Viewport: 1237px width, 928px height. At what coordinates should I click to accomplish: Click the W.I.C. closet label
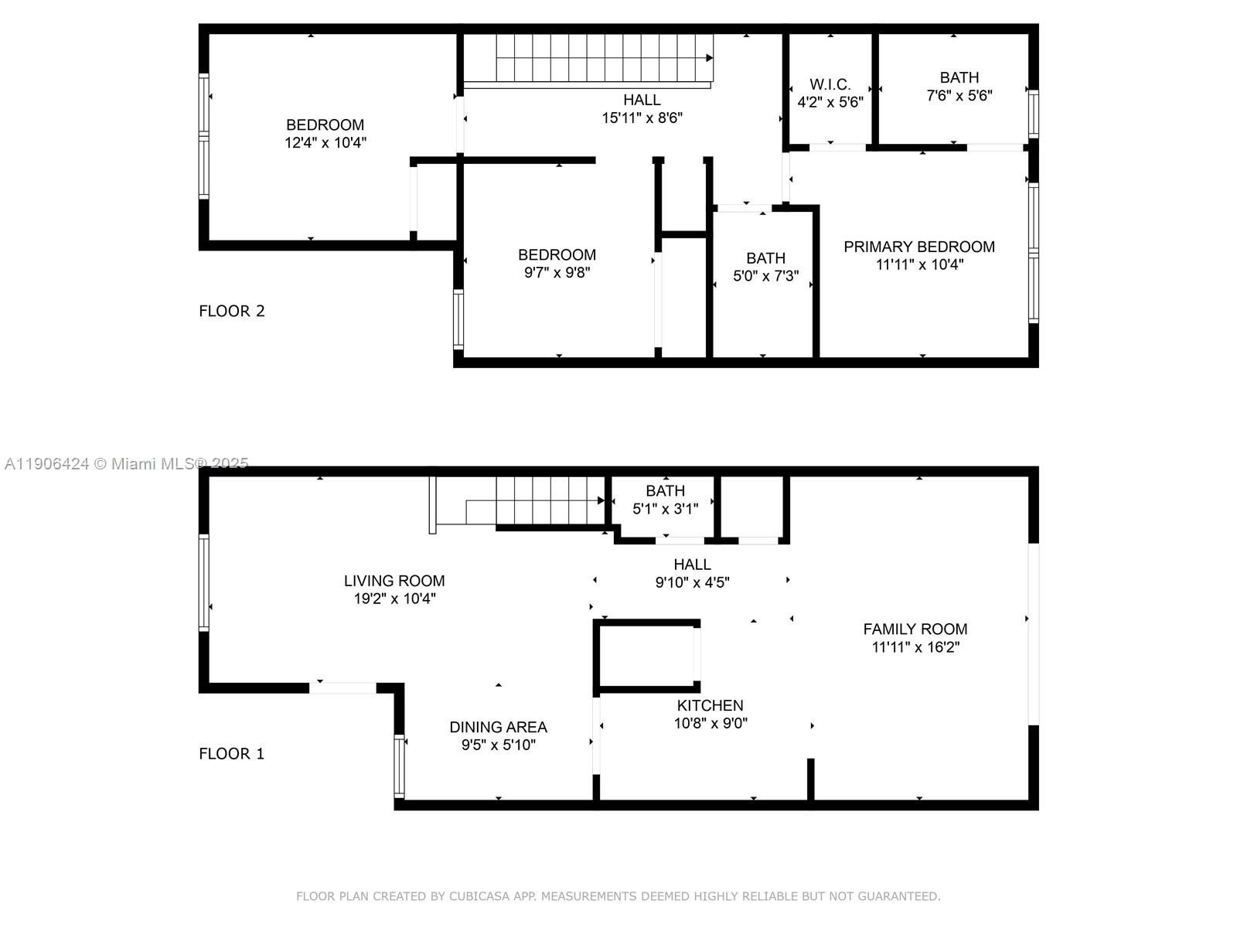(830, 84)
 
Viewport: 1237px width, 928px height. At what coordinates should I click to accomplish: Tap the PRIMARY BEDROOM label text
(918, 247)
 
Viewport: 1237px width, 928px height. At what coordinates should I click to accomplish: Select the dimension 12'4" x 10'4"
(325, 142)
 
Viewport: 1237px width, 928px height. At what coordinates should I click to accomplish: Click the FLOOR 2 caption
(232, 311)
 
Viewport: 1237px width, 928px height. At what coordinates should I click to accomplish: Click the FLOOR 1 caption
(232, 753)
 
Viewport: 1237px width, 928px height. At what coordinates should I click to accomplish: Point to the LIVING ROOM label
(394, 581)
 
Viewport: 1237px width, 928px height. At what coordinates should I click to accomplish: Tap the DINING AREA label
(498, 727)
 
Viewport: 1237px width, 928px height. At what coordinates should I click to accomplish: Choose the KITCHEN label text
(710, 705)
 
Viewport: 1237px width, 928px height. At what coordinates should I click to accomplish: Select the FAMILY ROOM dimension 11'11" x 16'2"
(915, 647)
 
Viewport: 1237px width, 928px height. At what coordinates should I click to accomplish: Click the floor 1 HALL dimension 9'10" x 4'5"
(692, 582)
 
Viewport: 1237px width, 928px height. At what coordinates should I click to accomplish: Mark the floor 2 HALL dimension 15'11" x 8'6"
(642, 118)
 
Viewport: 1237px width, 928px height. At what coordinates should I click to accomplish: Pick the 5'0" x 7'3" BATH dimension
(765, 276)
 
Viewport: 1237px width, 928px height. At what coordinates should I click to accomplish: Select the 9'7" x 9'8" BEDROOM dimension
(557, 272)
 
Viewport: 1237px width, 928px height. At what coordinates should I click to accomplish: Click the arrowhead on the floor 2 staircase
(709, 58)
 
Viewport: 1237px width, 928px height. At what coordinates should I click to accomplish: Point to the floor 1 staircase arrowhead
(601, 500)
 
